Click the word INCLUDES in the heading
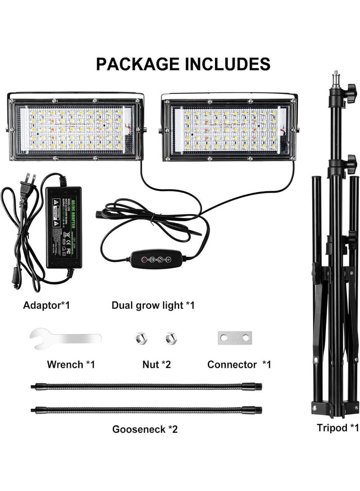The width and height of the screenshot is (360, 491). [227, 64]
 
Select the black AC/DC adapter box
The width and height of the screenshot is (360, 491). [63, 227]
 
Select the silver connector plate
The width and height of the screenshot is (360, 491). [234, 338]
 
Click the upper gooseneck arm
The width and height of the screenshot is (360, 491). [146, 386]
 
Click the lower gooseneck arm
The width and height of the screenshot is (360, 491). [146, 410]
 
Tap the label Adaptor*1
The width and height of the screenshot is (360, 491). [47, 306]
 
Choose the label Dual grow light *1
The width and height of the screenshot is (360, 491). [153, 306]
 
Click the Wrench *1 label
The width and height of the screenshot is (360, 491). [71, 365]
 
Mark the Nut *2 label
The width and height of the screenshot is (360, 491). [157, 365]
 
